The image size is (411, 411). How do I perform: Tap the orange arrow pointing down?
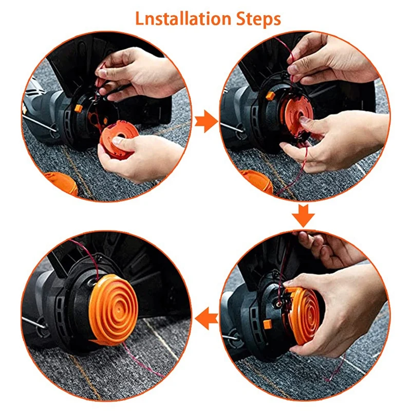click(304, 216)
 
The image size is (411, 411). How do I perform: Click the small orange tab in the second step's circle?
click(270, 96)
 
